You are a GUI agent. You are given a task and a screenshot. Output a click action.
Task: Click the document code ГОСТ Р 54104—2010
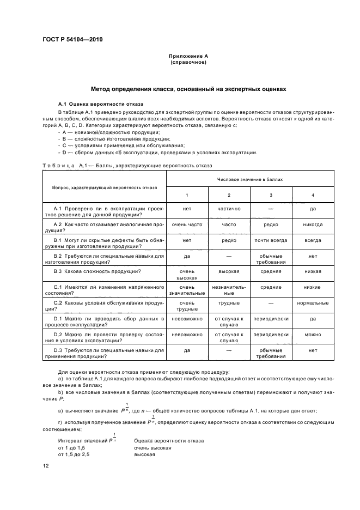[x=72, y=40]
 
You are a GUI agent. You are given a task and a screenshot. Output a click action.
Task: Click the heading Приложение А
[x=187, y=57]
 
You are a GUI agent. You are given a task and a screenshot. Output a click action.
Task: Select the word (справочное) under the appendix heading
[x=187, y=62]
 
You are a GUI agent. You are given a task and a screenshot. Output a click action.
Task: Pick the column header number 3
[x=271, y=195]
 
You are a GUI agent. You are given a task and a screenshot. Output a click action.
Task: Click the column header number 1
[x=187, y=195]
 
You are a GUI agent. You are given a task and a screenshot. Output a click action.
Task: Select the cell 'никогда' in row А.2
[x=312, y=224]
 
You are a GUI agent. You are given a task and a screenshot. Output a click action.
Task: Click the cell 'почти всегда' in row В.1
[x=271, y=240]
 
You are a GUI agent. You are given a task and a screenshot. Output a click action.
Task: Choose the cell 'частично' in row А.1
[x=229, y=209]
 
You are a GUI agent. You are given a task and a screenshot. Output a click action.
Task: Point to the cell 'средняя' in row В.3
[x=271, y=271]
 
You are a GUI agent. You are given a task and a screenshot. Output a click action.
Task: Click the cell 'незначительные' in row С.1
[x=229, y=289]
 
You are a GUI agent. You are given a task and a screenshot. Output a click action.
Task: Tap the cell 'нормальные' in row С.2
[x=312, y=302]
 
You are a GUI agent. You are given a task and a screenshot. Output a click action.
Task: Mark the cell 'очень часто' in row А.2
[x=187, y=224]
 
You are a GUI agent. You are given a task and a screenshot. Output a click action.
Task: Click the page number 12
[x=46, y=465]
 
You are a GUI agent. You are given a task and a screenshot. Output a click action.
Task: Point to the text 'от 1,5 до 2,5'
[x=74, y=453]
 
